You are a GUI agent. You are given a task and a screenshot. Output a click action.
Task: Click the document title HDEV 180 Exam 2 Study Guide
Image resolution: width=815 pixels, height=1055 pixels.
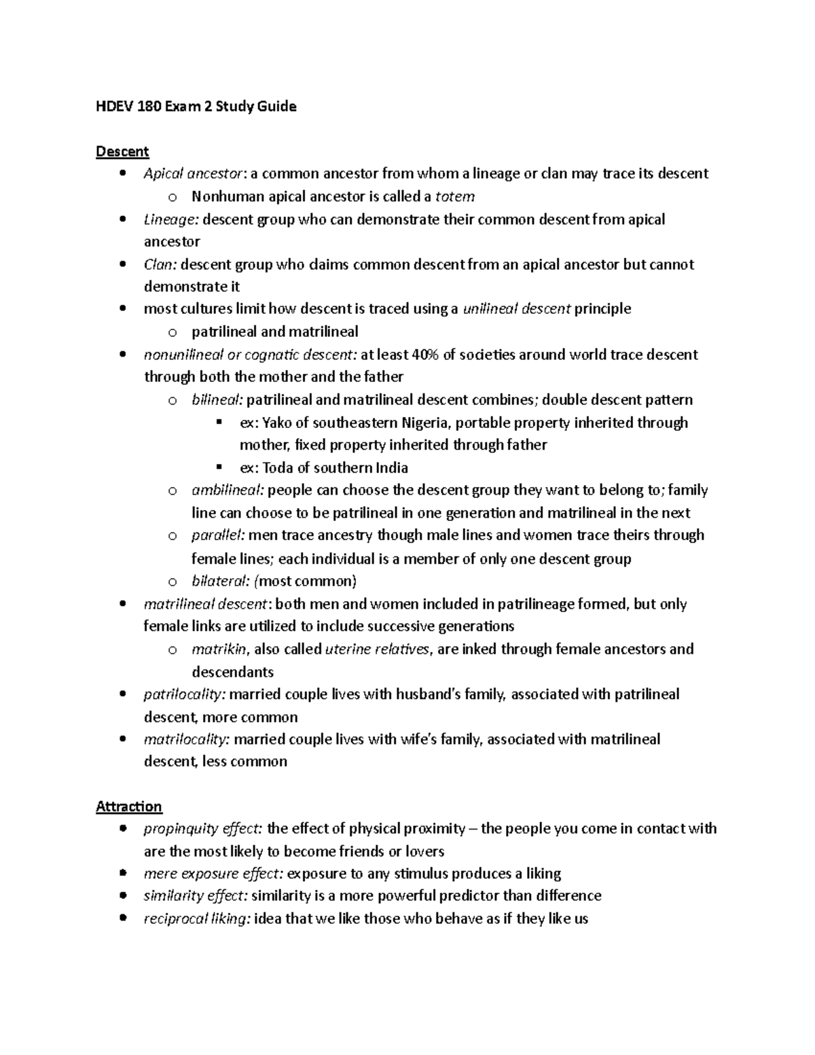coord(196,107)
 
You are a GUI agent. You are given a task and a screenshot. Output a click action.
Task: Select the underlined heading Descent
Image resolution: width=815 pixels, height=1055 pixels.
coord(122,151)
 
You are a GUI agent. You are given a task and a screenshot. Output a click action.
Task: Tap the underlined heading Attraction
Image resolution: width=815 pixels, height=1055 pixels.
coord(129,806)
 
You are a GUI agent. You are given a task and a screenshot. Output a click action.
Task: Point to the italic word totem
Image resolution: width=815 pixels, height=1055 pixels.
coord(454,197)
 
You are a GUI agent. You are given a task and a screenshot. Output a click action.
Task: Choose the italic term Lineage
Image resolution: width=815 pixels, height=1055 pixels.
coord(170,219)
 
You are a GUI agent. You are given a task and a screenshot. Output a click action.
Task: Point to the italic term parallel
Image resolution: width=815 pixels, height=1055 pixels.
coord(218,535)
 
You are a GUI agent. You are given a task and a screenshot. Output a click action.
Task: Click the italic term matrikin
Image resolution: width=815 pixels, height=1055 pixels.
coord(219,649)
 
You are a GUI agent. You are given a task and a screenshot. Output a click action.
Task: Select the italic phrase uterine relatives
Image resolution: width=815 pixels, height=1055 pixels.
coord(378,649)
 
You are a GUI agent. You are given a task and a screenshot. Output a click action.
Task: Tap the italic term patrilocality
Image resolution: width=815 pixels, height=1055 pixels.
coord(184,694)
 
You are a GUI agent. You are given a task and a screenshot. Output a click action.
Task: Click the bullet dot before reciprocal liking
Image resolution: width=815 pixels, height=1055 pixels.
coord(123,918)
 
